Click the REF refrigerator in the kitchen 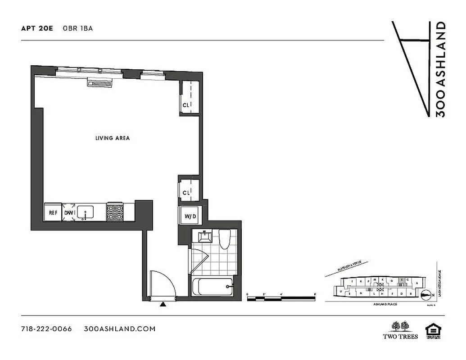point(53,213)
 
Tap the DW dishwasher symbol point(69,213)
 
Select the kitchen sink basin point(85,212)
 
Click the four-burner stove point(114,212)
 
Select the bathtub point(212,287)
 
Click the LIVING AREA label point(113,138)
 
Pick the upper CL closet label point(186,105)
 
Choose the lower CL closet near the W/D point(186,193)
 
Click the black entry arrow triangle point(163,305)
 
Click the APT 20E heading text point(37,28)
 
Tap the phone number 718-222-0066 point(46,328)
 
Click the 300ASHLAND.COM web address point(120,328)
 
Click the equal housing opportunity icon point(433,330)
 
